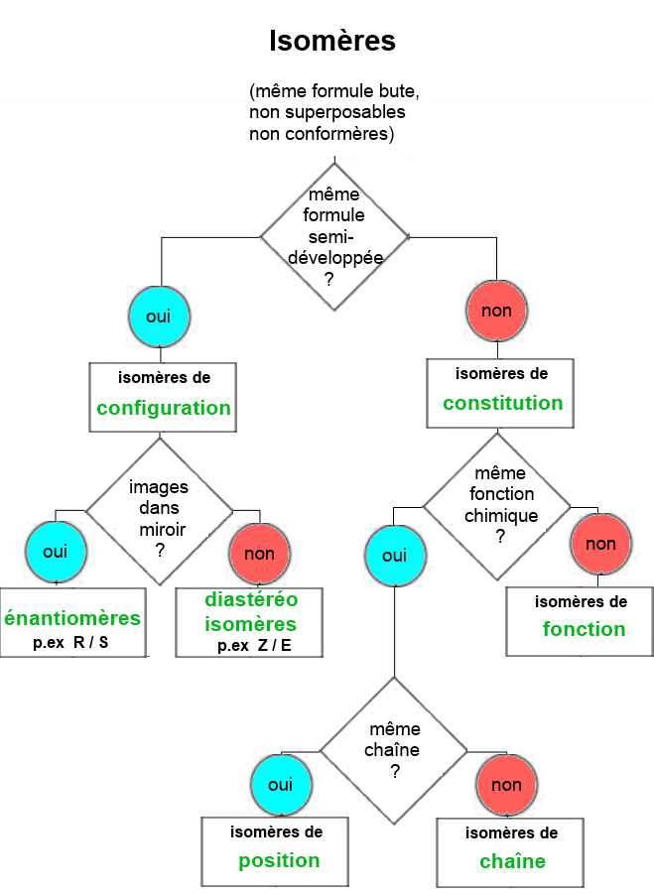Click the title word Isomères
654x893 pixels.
point(332,41)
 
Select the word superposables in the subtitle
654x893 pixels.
point(345,112)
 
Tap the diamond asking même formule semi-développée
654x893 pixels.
point(334,237)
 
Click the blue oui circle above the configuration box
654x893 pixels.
point(159,317)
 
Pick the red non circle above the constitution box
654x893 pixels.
point(497,311)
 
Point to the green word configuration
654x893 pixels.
point(164,409)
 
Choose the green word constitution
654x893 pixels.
point(503,403)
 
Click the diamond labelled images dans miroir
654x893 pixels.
point(160,511)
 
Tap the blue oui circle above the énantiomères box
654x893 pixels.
point(56,552)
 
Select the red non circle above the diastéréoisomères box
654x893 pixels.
point(260,554)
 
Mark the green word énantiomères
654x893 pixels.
point(72,618)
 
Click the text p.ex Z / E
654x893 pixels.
point(254,646)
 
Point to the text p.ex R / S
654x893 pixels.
point(70,642)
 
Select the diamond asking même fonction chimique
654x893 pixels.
point(497,506)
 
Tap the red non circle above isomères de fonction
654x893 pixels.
point(601,544)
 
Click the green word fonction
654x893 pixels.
point(584,629)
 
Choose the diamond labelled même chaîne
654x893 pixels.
point(394,751)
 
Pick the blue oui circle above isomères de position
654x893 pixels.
point(281,785)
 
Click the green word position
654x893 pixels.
point(279,860)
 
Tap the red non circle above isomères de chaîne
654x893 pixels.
point(506,785)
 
